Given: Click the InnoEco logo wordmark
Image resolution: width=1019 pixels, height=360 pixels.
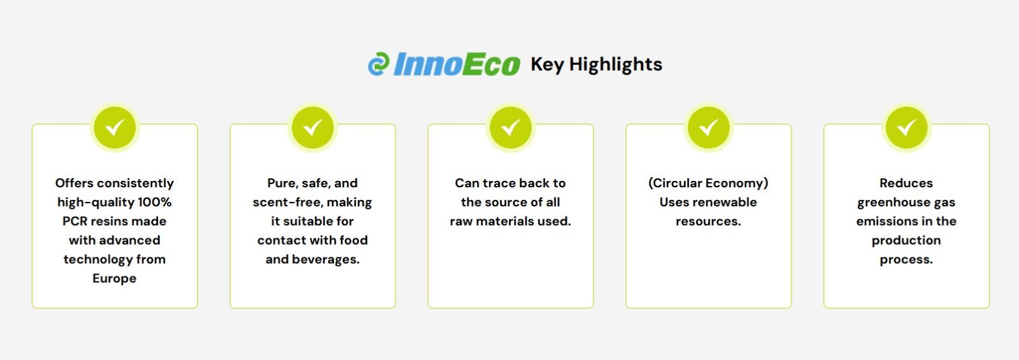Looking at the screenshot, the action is [457, 64].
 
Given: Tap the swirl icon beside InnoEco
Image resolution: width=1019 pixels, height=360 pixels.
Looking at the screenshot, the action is [378, 64].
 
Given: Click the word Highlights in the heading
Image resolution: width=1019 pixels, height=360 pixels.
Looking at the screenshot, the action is [615, 65].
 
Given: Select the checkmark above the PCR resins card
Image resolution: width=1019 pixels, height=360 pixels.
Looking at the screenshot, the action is [115, 127].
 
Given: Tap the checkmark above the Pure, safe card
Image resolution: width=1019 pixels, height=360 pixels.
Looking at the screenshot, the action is [313, 127].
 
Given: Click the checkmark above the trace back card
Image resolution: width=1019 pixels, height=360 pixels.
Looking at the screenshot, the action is [510, 127].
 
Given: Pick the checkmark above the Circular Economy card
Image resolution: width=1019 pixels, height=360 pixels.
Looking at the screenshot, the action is [708, 127].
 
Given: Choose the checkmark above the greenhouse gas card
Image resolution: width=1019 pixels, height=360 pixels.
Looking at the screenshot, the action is [906, 127].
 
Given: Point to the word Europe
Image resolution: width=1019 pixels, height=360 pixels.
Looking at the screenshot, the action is [115, 278].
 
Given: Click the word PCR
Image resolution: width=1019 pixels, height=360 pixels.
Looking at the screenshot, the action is [75, 221].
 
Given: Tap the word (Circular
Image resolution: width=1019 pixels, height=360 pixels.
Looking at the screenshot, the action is [670, 184].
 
